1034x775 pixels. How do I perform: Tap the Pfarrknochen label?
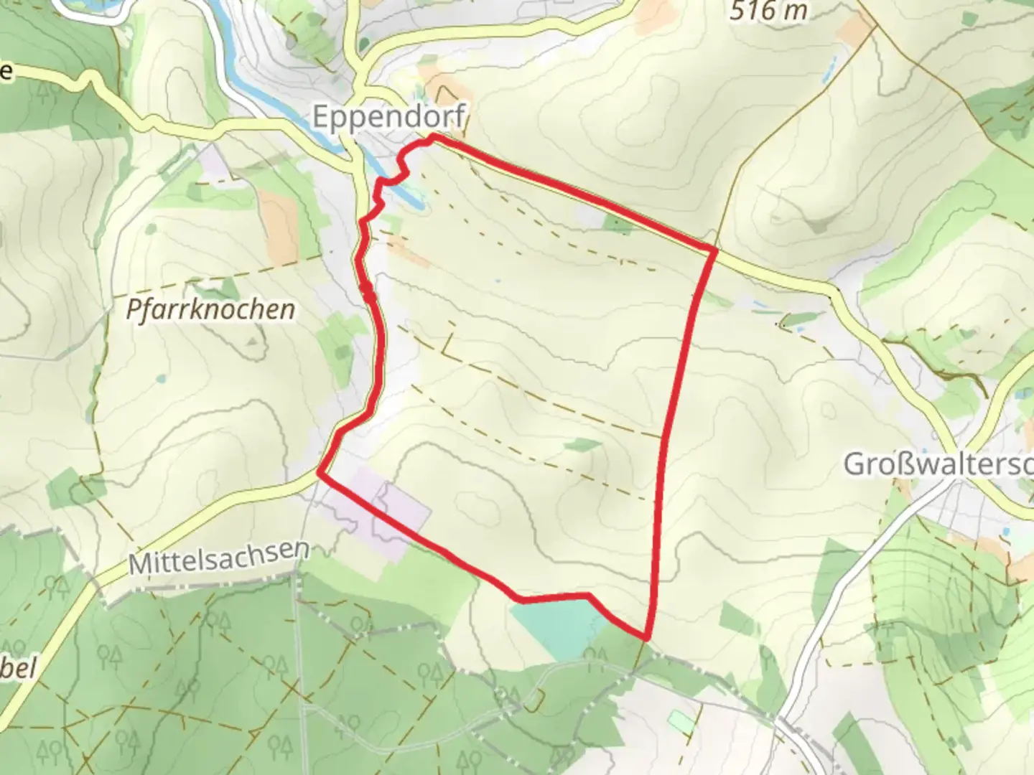click(210, 309)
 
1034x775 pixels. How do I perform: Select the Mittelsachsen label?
click(220, 556)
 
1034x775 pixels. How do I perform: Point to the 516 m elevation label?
click(768, 10)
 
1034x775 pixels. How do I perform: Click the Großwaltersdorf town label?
click(938, 464)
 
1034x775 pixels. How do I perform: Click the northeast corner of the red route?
click(714, 249)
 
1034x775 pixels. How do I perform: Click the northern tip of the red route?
click(433, 136)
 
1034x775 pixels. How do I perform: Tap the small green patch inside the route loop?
click(582, 446)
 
